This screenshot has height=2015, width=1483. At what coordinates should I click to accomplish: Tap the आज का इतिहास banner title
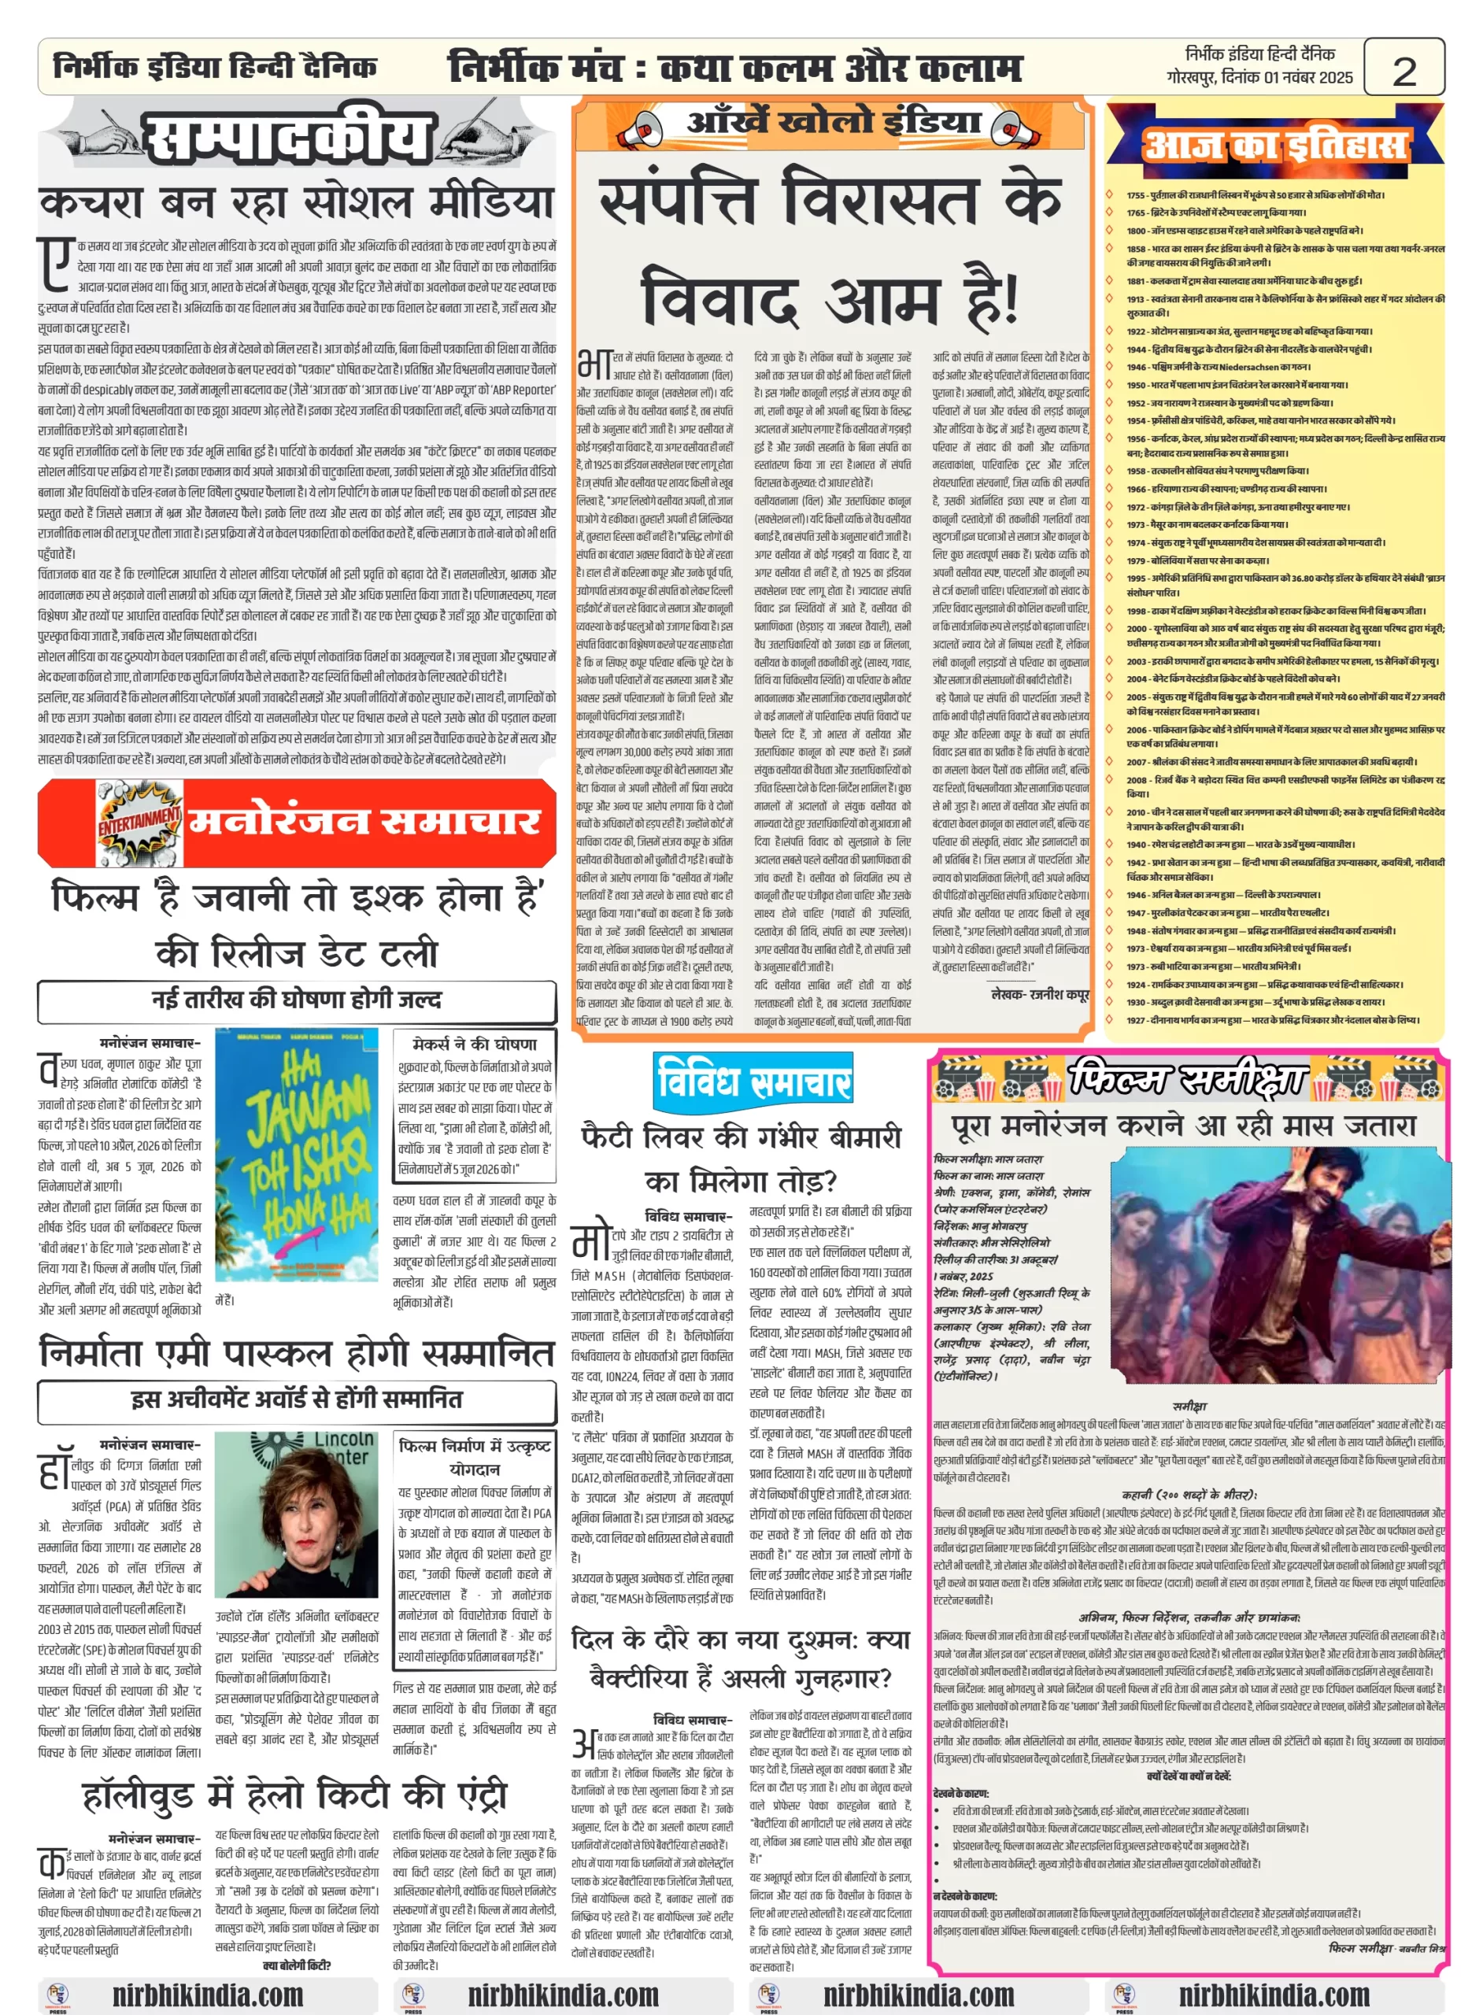(x=1274, y=143)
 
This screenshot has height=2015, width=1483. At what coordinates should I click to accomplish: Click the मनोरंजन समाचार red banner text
(x=364, y=820)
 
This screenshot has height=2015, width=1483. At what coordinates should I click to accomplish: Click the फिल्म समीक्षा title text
(x=1186, y=1077)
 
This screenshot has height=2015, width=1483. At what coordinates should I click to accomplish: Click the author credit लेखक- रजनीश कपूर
(x=1038, y=994)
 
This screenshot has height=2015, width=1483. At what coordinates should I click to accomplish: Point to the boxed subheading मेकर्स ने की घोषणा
(x=474, y=1044)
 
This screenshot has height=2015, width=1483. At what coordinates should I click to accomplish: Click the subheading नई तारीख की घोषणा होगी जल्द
(x=296, y=1000)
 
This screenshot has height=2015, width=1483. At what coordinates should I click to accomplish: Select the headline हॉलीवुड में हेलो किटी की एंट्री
(x=295, y=1793)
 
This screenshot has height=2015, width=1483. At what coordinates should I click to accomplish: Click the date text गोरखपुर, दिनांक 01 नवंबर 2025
(x=1259, y=78)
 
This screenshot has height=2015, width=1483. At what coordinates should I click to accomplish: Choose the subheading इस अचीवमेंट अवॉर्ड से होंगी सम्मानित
(x=296, y=1399)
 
